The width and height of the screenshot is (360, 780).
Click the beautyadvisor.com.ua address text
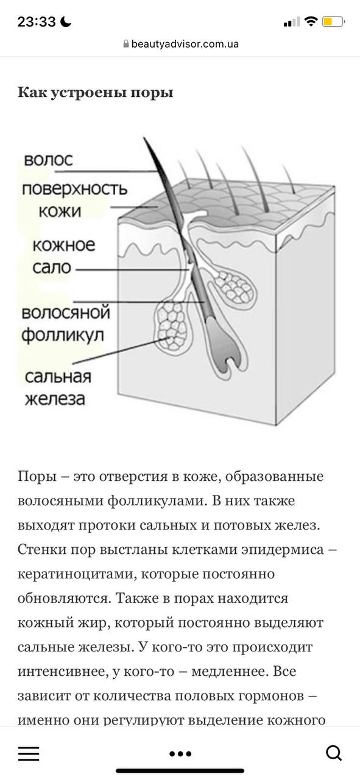pos(185,44)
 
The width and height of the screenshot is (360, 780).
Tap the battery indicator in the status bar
pos(333,22)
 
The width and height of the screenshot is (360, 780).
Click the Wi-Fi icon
pos(310,21)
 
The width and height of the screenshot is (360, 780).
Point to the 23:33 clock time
pos(37,22)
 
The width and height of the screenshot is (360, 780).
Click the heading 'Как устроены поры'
pos(96,93)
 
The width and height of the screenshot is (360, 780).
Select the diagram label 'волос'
pos(48,160)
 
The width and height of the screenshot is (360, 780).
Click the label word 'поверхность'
pos(74,189)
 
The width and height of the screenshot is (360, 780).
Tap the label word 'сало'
pos(52,268)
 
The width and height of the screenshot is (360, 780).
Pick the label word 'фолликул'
pos(63,335)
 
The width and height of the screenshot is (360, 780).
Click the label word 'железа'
pos(55,399)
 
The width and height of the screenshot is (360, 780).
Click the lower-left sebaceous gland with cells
pos(172,325)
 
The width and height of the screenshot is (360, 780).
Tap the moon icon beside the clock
pos(65,22)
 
